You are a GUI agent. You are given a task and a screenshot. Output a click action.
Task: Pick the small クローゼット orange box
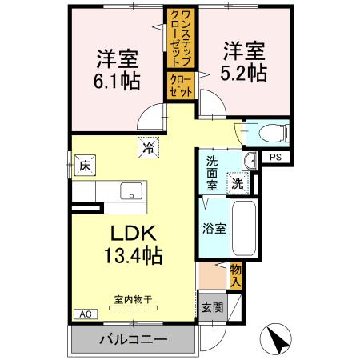pos(179,86)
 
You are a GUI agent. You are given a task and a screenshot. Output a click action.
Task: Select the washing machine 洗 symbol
pos(238,182)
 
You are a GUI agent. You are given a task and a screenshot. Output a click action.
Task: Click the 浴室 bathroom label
pos(214,227)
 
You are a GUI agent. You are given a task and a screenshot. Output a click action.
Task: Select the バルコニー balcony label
pos(134,339)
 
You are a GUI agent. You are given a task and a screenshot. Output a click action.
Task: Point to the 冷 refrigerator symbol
pos(148,146)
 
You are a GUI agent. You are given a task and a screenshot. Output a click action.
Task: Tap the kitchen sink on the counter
pos(130,192)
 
